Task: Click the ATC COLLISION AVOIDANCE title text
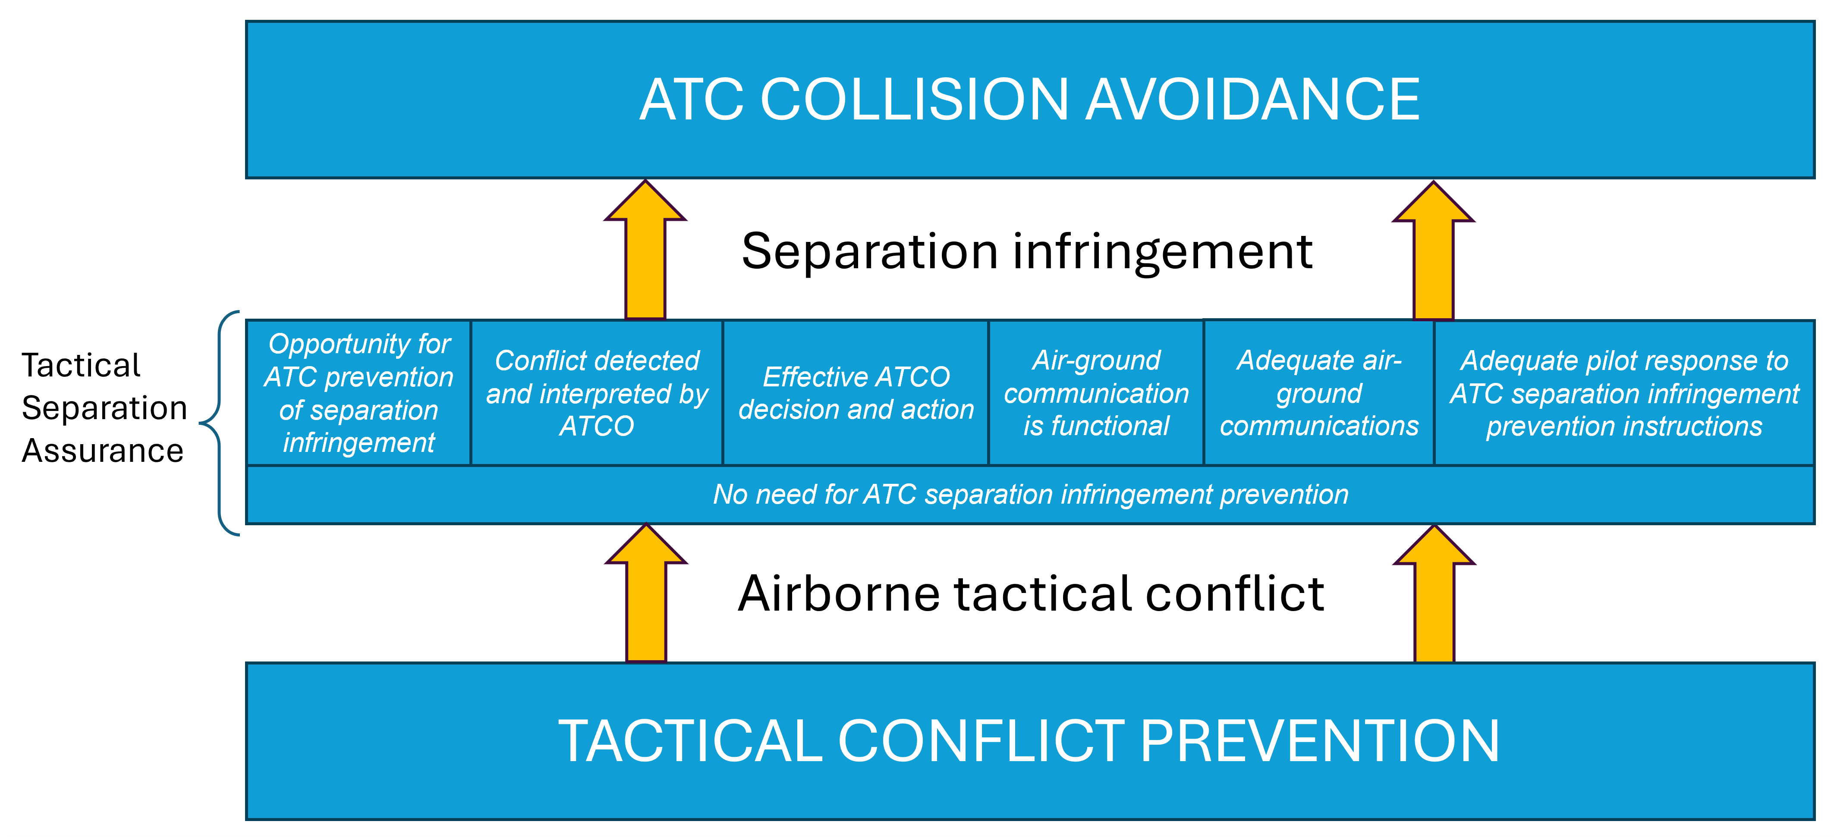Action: tap(1029, 100)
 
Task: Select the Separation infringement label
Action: tap(1027, 252)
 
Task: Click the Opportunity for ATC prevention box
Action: tap(359, 393)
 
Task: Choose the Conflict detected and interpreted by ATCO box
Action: tap(597, 393)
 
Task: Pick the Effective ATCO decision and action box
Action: tap(856, 393)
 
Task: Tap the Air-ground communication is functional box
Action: tap(1096, 393)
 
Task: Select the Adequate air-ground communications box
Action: tap(1318, 393)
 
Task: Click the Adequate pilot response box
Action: tap(1624, 393)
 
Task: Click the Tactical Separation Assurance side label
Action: tap(104, 408)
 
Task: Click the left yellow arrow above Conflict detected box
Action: tap(645, 249)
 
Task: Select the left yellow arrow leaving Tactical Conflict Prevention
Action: tap(646, 594)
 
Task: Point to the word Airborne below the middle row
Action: tap(839, 594)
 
